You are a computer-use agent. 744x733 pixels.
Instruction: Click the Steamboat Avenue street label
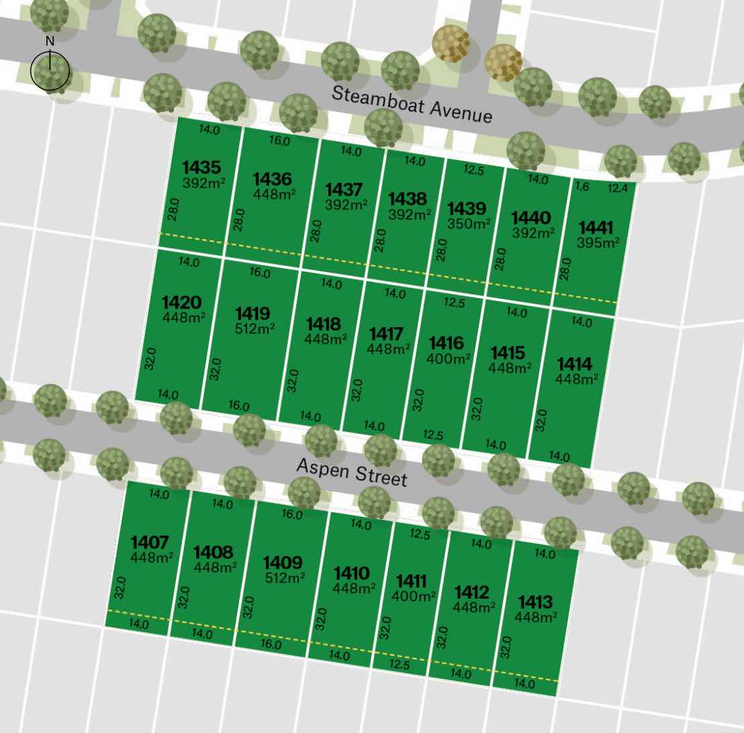(412, 103)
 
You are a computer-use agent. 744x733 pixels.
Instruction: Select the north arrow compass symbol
(50, 69)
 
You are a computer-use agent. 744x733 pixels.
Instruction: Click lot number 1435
(201, 167)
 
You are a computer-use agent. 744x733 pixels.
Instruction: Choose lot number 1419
(253, 314)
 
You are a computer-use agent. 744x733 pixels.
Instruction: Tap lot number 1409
(282, 563)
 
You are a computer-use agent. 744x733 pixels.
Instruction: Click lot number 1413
(535, 602)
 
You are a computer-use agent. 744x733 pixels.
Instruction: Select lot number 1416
(447, 344)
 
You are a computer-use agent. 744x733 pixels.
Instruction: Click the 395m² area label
(598, 243)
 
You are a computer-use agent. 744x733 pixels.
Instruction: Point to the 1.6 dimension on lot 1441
(582, 187)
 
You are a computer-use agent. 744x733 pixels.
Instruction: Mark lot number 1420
(182, 302)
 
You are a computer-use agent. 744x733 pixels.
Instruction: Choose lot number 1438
(408, 199)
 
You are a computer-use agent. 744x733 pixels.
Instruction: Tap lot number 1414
(575, 365)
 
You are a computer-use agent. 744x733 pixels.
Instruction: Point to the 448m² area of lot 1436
(275, 193)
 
